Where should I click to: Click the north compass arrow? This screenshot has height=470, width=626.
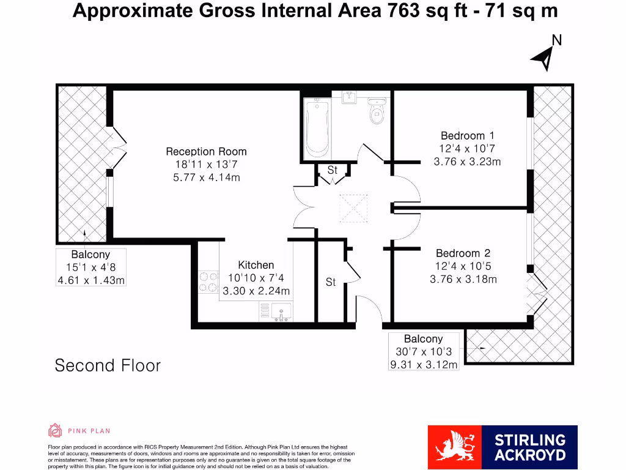click(x=543, y=58)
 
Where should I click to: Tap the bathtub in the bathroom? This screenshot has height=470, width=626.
click(x=316, y=128)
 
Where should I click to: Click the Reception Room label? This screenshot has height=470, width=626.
click(x=206, y=151)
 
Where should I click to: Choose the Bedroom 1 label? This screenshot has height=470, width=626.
click(x=467, y=136)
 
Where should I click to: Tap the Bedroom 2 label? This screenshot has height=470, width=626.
click(x=463, y=253)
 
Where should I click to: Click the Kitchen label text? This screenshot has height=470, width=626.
click(x=256, y=265)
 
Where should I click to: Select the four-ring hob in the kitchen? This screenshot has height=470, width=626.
click(x=208, y=282)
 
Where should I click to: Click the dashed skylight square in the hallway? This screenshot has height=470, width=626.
click(x=353, y=206)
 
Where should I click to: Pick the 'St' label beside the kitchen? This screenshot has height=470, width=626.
click(x=331, y=283)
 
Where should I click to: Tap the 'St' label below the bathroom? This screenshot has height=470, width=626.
click(x=332, y=171)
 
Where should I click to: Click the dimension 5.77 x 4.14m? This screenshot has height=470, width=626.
click(x=206, y=177)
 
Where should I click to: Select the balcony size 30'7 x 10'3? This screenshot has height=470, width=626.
click(x=424, y=352)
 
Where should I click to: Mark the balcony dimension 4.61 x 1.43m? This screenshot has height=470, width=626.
click(x=90, y=280)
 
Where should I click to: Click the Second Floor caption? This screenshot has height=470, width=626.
click(x=108, y=365)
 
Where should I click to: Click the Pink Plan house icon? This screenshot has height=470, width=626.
click(x=55, y=431)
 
